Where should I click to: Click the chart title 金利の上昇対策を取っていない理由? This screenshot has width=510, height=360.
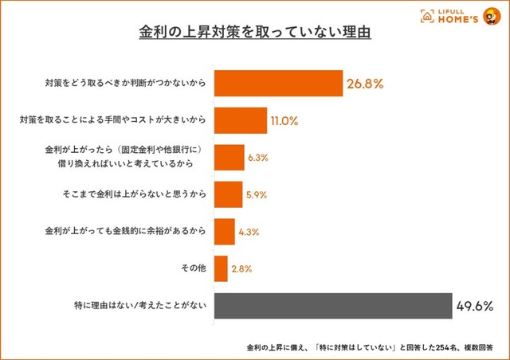click(254, 35)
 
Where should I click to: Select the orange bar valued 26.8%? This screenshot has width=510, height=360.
click(278, 83)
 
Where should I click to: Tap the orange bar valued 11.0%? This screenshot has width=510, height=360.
click(240, 121)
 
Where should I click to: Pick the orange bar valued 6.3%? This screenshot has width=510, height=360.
click(229, 158)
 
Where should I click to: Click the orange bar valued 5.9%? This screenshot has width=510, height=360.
click(228, 194)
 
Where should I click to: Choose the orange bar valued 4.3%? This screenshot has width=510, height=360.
click(225, 232)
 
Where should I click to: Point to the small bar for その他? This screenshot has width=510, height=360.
click(222, 268)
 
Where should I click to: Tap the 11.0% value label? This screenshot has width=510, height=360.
click(284, 121)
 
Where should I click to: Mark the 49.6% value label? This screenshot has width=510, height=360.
click(475, 306)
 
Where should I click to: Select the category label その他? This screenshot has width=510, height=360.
click(193, 268)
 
